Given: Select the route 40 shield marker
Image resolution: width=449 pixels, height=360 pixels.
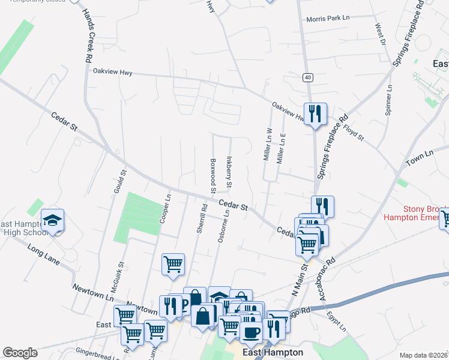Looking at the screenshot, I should pos(307,77).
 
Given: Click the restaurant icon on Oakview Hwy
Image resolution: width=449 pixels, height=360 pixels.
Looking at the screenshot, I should pos(315,113).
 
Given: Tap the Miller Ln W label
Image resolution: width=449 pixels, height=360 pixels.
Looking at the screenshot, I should pos(268,144).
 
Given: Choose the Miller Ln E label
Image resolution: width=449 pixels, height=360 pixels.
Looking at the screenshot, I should pos(280,149).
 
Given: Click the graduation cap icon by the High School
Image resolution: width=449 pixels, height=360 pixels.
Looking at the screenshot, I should pos(52,220).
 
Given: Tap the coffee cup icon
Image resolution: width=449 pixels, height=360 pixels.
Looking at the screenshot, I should pos(251,331).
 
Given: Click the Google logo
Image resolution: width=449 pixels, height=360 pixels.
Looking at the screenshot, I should pos(20,353).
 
